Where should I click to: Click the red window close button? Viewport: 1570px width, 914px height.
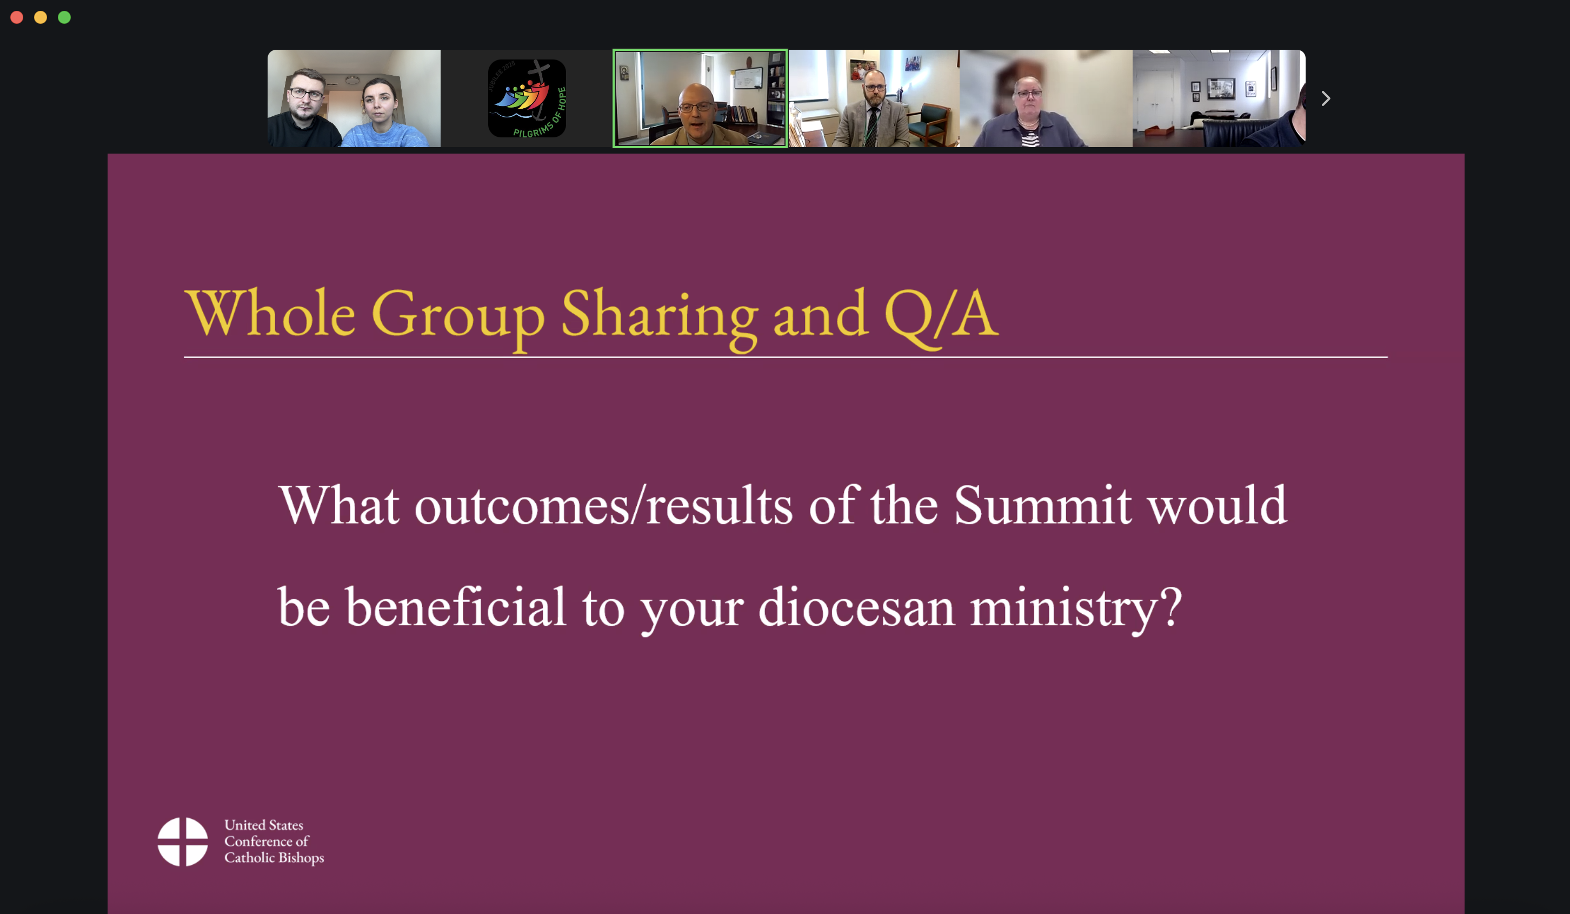coord(17,17)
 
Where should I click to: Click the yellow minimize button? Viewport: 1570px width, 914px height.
coord(41,17)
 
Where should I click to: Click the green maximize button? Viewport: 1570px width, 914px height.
coord(64,17)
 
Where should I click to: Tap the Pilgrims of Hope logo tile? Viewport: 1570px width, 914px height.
coord(527,98)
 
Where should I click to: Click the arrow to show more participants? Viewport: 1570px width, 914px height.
coord(1326,98)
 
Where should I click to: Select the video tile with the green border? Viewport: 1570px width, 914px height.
coord(700,98)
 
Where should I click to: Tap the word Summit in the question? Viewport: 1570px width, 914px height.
coord(1042,505)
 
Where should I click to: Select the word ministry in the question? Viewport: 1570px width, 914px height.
coord(1076,611)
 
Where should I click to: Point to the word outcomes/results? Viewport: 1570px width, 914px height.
coord(604,505)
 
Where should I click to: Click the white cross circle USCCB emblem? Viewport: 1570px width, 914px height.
coord(183,842)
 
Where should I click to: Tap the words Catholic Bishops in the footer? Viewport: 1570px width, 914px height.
coord(274,858)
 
